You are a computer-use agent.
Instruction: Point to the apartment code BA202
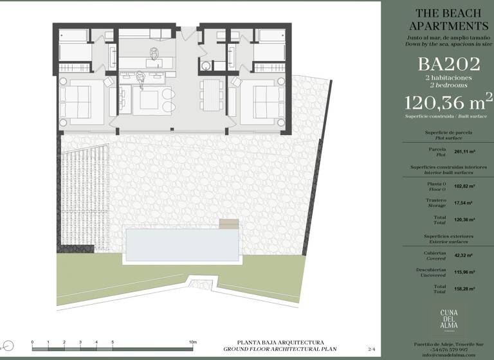[x=449, y=64]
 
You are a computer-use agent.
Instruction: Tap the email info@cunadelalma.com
[x=448, y=355]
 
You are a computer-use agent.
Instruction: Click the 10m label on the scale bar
[x=192, y=342]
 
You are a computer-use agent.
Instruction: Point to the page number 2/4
[x=370, y=348]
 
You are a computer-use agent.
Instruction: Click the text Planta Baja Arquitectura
[x=280, y=342]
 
